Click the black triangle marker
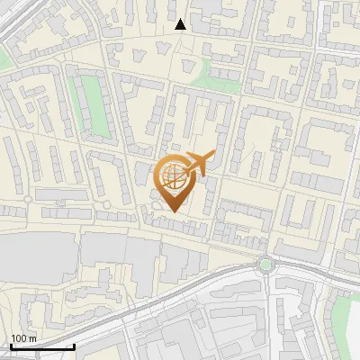coord(181,24)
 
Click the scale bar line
coord(42,346)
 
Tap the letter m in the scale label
coord(32,338)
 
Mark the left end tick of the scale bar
coord(12,346)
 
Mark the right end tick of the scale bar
coord(74,346)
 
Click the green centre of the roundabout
coord(265,265)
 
